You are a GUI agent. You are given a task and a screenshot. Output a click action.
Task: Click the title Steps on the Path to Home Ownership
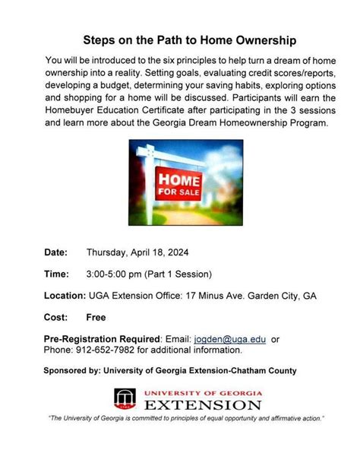coord(179,39)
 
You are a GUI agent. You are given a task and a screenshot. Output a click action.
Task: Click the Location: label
coord(65,295)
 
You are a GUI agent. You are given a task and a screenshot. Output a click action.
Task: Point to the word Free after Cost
coord(96,317)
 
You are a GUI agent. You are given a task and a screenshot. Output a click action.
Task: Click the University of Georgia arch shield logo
coord(124,399)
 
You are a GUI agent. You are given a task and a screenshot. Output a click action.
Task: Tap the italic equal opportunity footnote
coord(186,419)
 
